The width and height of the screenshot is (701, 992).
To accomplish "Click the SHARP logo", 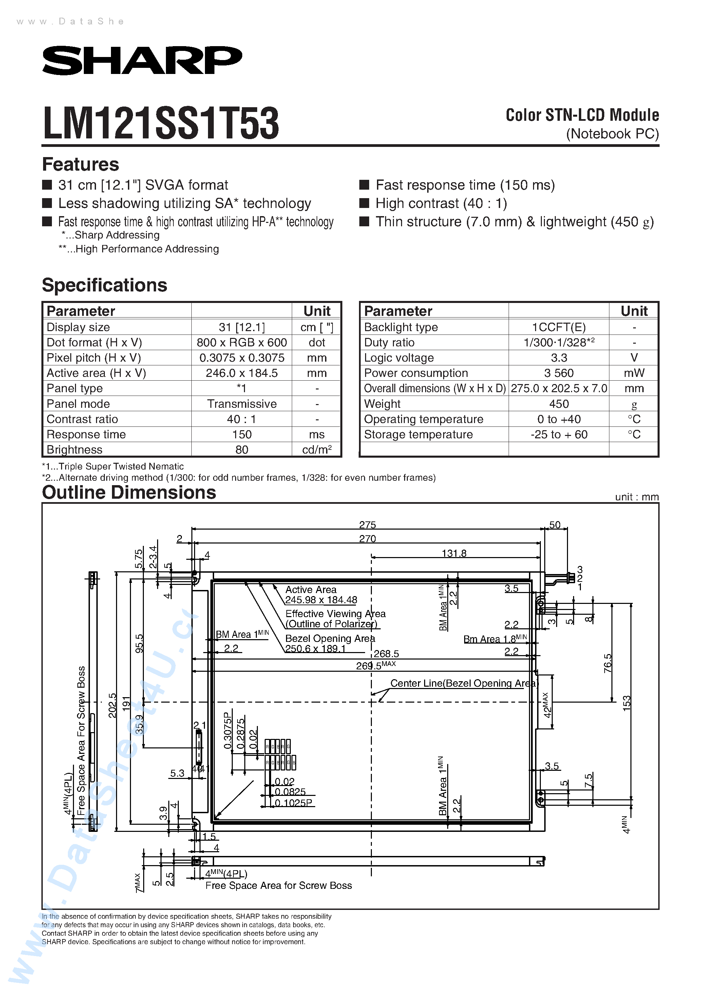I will (142, 60).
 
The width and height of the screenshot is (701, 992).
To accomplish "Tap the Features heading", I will (80, 165).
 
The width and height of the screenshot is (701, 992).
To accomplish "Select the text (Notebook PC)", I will (612, 134).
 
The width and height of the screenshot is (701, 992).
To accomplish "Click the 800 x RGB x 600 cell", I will (242, 343).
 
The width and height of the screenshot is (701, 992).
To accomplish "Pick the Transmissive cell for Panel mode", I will (242, 404).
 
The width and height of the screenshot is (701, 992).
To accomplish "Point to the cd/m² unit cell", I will (317, 450).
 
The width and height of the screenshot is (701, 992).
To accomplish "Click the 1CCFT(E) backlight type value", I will (558, 327).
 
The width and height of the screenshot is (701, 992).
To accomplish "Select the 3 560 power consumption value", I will (558, 373).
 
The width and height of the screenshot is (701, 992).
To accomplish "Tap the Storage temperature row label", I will (418, 435).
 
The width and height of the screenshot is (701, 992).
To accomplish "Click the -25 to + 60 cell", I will (558, 435).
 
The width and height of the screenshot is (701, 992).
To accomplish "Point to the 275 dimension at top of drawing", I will (367, 525).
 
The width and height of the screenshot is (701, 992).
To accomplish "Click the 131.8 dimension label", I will (454, 553).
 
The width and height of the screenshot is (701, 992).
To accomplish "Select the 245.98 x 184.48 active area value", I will (321, 600).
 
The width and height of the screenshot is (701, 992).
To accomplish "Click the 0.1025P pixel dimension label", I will (293, 803).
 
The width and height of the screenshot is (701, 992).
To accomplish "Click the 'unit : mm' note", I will (637, 497).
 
